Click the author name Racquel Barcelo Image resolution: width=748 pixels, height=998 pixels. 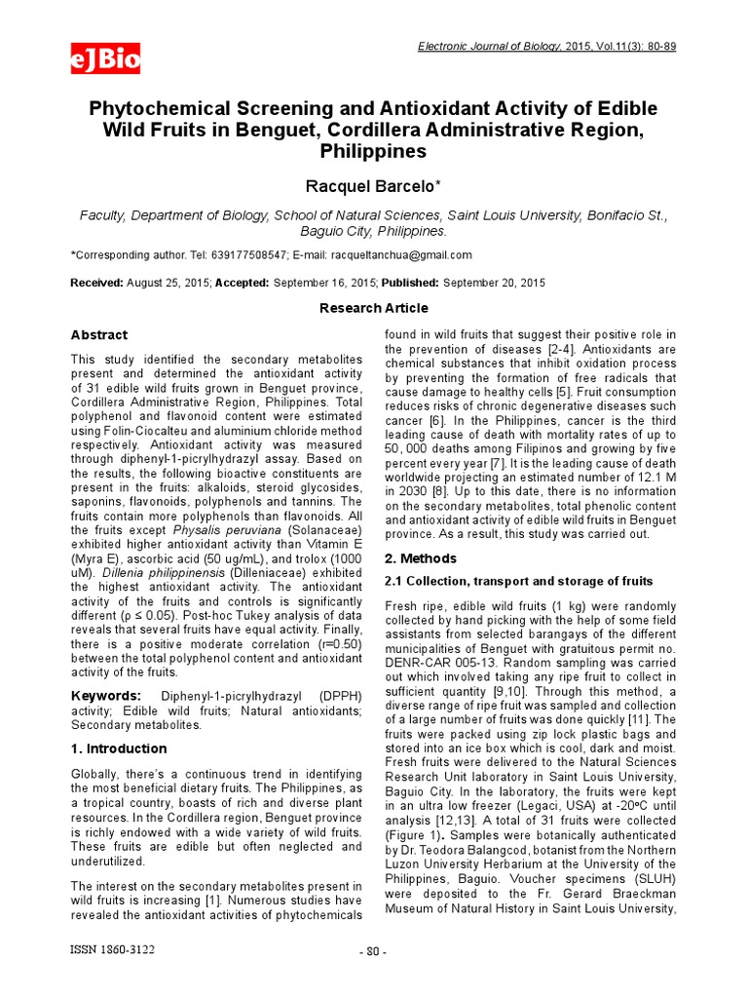pos(374,186)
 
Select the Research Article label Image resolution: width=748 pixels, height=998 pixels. pos(374,308)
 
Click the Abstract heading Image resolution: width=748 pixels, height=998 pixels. pos(99,335)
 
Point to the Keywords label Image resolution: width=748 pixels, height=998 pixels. pos(106,695)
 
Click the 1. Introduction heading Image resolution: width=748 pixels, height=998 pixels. pos(119,748)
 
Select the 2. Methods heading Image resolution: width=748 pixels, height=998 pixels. pos(421,558)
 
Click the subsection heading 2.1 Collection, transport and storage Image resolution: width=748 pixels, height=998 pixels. pos(518,582)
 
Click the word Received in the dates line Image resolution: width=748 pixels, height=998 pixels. pos(96,283)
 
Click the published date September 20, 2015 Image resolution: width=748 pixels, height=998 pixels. pos(494,283)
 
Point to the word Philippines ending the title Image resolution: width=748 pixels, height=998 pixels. pos(373,152)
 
